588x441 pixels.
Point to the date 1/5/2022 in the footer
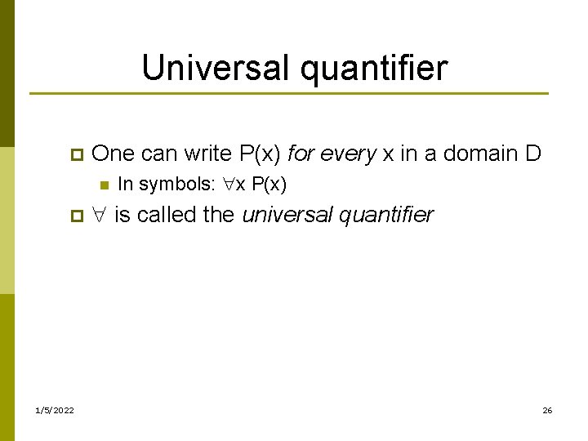(55, 410)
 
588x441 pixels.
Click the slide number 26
(547, 410)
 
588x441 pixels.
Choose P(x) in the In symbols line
(269, 185)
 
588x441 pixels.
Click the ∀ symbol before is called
(100, 216)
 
